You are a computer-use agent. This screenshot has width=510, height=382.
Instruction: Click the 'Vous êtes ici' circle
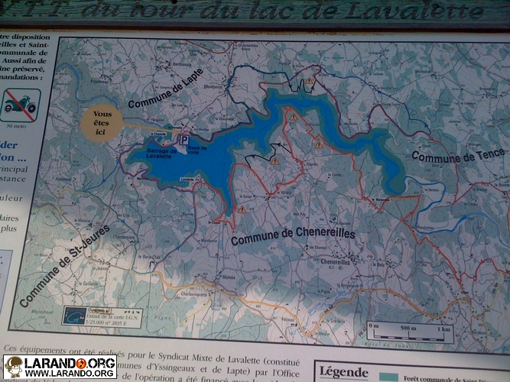102,123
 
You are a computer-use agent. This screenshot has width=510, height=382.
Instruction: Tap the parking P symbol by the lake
184,141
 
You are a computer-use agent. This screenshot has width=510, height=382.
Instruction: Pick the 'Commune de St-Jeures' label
65,265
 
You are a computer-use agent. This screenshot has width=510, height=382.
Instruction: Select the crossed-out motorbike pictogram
21,105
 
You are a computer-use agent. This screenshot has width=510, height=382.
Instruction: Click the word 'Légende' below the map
343,372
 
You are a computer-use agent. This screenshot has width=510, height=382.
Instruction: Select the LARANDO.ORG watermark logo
60,367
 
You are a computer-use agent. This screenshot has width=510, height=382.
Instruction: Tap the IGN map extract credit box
103,316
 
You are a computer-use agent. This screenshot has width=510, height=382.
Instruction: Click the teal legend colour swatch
388,377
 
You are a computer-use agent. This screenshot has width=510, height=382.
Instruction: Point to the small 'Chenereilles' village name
335,262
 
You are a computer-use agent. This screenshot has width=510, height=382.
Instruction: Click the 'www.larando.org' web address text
70,374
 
